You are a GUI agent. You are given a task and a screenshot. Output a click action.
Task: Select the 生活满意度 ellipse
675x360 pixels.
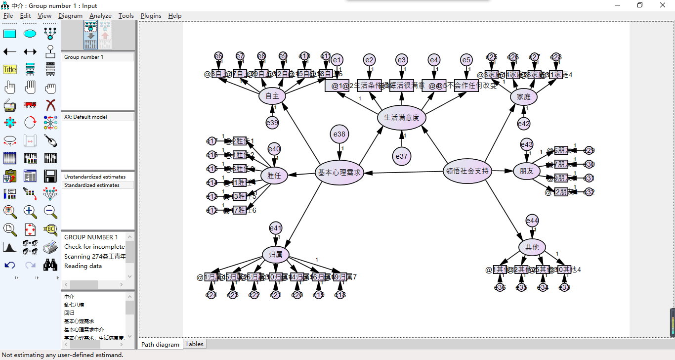401,118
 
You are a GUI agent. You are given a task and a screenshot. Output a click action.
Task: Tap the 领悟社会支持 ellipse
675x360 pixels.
467,171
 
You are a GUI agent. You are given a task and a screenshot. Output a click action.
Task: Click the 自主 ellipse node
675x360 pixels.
272,96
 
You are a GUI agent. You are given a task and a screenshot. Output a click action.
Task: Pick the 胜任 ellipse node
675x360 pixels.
274,175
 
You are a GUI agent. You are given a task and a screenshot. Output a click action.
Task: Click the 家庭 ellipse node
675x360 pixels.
523,97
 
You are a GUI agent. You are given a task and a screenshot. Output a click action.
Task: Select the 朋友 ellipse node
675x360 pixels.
526,171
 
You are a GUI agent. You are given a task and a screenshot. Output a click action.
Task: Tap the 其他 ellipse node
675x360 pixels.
532,247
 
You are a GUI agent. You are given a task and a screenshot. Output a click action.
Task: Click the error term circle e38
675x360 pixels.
339,134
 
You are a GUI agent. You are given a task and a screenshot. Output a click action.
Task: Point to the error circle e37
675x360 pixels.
401,156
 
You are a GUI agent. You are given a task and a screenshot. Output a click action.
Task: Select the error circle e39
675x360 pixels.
272,122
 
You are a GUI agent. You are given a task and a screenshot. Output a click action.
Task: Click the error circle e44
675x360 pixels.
532,221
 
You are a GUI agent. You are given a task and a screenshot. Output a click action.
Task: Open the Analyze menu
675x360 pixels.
100,16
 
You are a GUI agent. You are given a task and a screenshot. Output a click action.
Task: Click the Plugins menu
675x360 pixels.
151,16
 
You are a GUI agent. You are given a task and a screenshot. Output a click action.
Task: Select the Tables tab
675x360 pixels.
194,344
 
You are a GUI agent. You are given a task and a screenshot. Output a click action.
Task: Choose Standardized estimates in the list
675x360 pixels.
92,185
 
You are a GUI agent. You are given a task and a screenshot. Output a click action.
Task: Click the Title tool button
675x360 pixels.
10,70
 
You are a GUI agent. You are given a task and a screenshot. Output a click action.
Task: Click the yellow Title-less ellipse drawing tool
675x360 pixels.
30,34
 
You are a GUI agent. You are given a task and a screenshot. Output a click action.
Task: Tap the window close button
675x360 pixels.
663,5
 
